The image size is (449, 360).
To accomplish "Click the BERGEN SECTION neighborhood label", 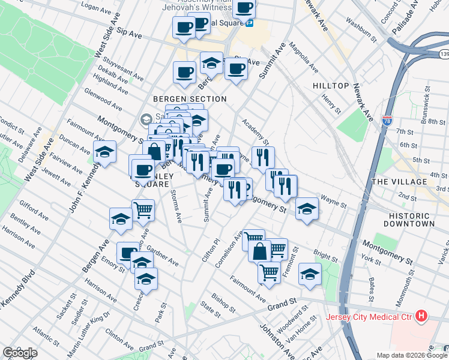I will click(x=189, y=99).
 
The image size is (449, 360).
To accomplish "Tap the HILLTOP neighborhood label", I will click(x=331, y=86).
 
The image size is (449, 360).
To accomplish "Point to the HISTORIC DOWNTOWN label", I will click(x=411, y=219).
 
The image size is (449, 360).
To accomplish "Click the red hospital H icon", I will click(x=421, y=315).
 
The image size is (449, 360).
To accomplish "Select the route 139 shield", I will click(x=444, y=55).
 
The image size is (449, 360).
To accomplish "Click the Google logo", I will click(x=19, y=353).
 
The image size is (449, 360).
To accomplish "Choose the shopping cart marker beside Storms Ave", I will click(x=143, y=210).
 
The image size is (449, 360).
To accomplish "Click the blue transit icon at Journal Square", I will click(x=249, y=23).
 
